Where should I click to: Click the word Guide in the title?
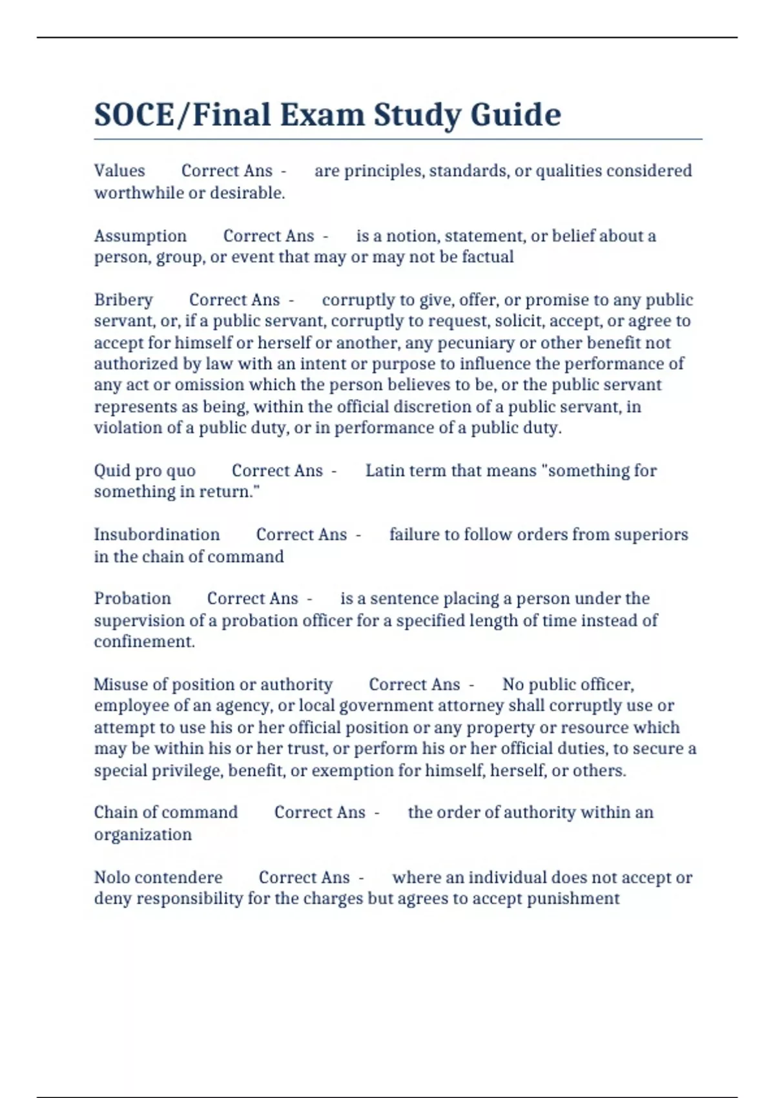515,115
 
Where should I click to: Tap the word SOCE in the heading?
134,115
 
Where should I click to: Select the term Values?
119,171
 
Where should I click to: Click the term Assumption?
140,236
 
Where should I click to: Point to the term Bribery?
123,300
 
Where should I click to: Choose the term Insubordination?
157,535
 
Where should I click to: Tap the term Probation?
132,599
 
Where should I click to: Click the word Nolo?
112,877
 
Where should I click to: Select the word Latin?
386,471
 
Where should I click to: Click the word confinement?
144,642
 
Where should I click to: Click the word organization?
143,834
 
